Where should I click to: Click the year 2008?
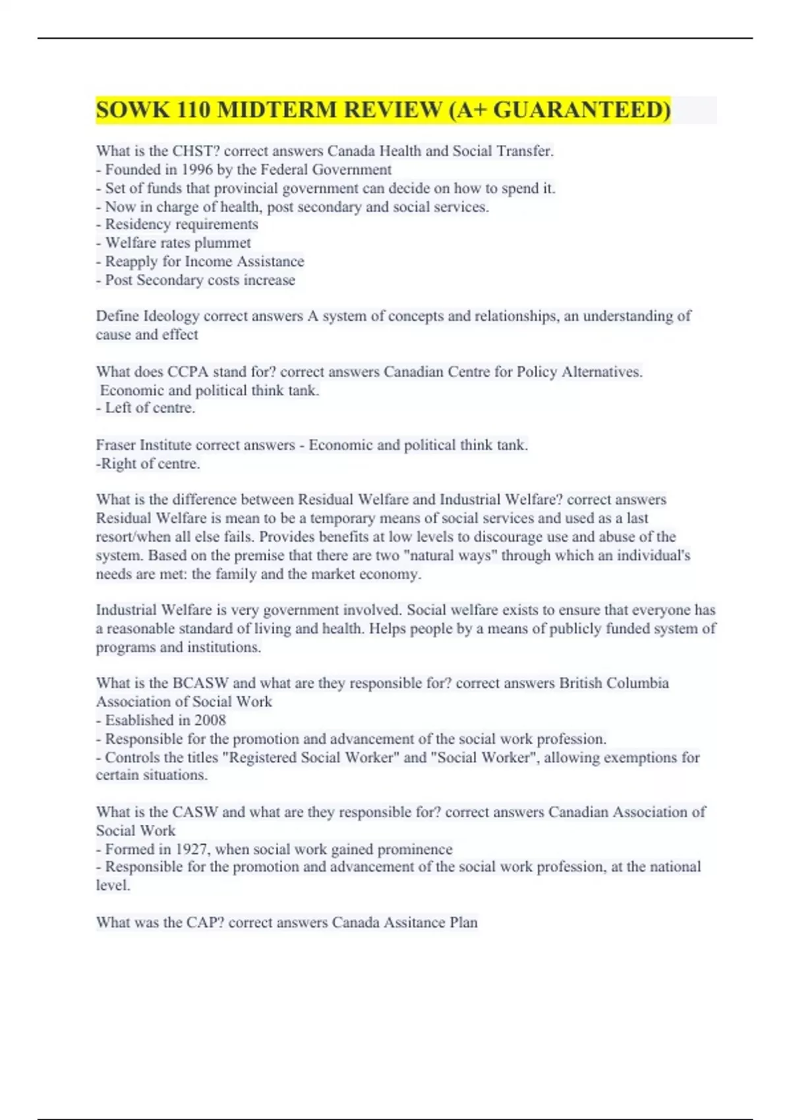point(210,720)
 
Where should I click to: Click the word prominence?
point(411,849)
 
